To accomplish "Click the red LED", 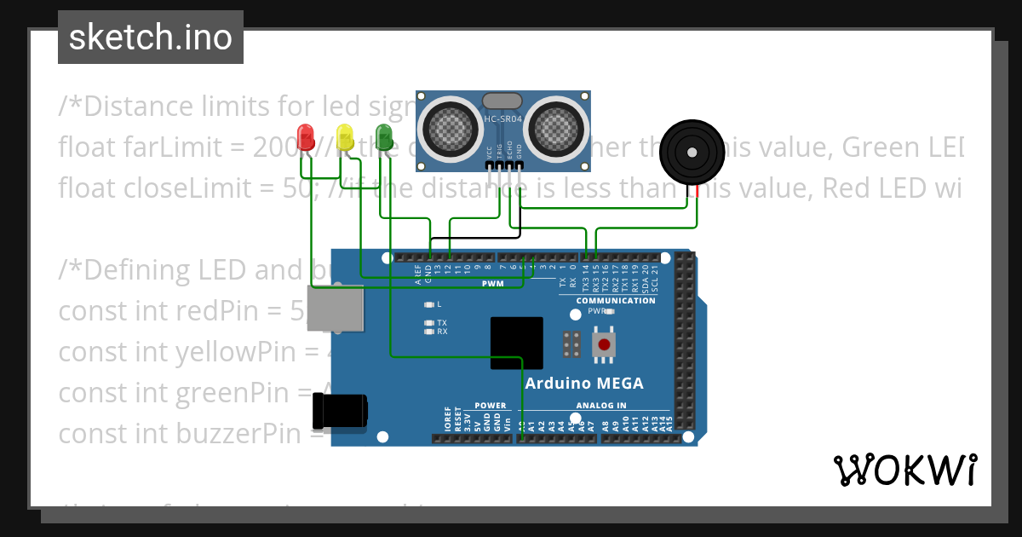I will (306, 137).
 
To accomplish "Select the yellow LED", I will (345, 137).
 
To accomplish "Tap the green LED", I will (384, 137).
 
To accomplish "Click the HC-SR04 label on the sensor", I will (502, 120).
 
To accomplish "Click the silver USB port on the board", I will (335, 308).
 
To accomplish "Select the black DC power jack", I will (340, 411).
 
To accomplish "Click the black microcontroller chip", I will (517, 343).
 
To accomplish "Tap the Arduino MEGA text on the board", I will (584, 384).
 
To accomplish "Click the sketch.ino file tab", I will (151, 38).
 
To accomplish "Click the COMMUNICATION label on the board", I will (616, 301).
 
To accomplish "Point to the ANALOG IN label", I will (600, 406).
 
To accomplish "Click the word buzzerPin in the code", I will (250, 434).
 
